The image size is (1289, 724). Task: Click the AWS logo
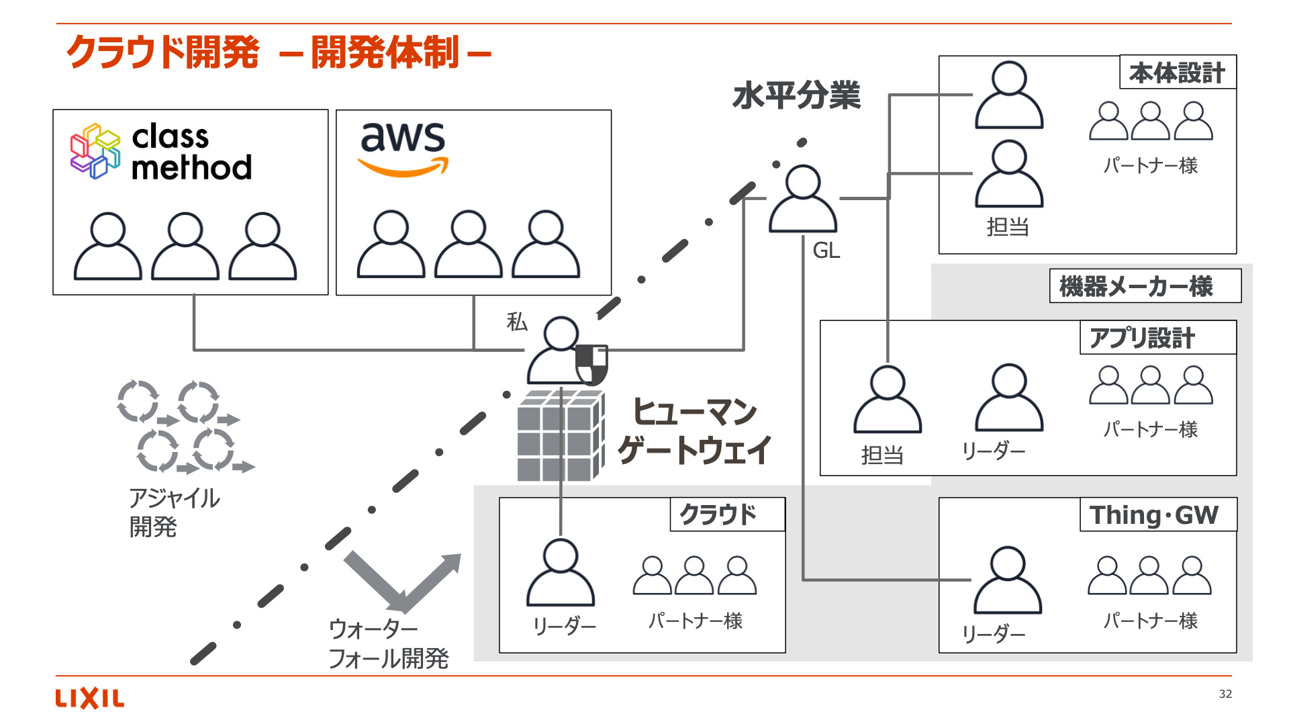click(403, 148)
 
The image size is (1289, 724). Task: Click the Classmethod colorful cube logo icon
click(95, 151)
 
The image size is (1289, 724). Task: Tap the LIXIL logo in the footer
click(89, 698)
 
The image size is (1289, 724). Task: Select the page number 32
click(1225, 694)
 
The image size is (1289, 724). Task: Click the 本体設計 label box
click(1177, 73)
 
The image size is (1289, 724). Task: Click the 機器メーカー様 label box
click(1144, 287)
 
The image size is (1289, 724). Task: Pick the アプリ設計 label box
click(1157, 338)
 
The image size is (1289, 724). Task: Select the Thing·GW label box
click(1157, 515)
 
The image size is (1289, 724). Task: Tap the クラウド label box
click(726, 515)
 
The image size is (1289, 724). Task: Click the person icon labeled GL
click(802, 200)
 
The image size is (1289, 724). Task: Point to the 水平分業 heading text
click(796, 95)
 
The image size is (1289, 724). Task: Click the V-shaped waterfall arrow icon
click(403, 581)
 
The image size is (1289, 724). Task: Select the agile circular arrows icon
click(185, 426)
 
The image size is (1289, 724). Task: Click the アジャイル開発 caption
click(173, 512)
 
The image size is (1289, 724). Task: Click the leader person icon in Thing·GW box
click(1007, 581)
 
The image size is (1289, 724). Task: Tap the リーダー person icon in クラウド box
click(560, 574)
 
